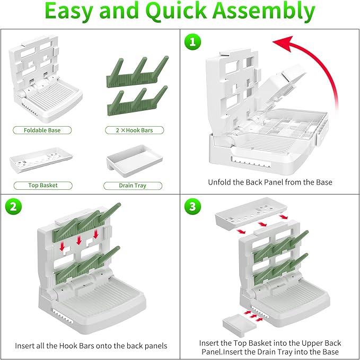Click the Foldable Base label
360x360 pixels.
(x=42, y=130)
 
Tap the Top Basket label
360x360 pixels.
(x=43, y=186)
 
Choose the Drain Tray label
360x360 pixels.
(x=133, y=186)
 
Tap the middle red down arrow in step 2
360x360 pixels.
(x=79, y=241)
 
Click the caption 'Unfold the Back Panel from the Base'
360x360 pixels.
(x=270, y=182)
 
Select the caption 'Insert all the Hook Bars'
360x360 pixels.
(x=91, y=346)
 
